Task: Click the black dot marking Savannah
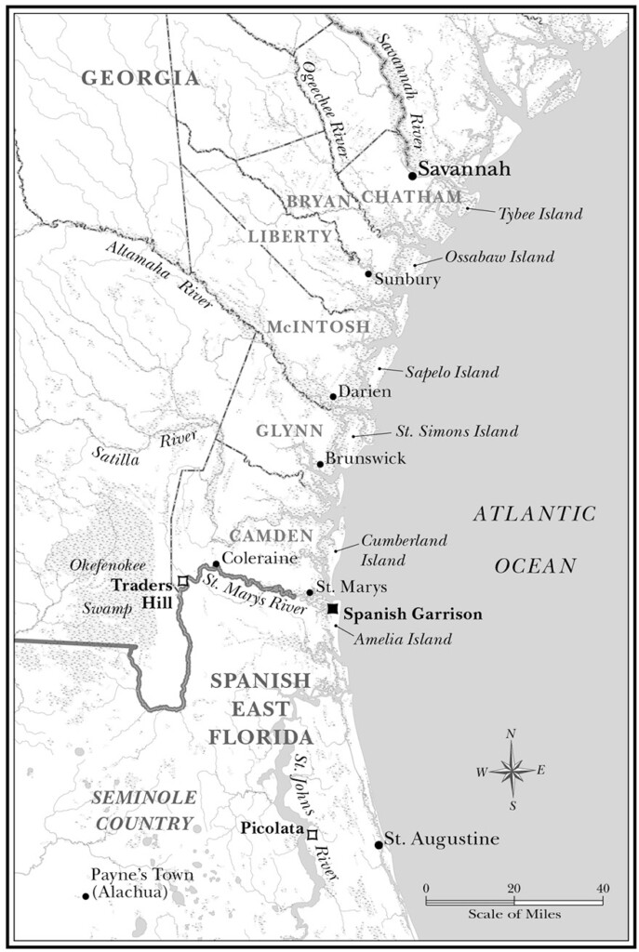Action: [x=412, y=174]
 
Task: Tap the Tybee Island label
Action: [x=539, y=215]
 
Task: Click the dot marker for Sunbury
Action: [x=368, y=273]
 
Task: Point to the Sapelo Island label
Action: [x=452, y=372]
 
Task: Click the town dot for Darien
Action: [x=333, y=396]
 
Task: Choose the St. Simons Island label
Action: [x=457, y=431]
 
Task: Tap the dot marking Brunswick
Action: [x=320, y=463]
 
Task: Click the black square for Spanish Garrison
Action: [x=332, y=608]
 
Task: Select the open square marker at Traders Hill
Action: [x=182, y=581]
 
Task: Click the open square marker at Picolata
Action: [x=312, y=834]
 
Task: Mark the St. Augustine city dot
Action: [x=379, y=844]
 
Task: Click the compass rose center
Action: [x=511, y=770]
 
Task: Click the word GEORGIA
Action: [x=140, y=78]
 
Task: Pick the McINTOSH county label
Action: [x=318, y=327]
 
